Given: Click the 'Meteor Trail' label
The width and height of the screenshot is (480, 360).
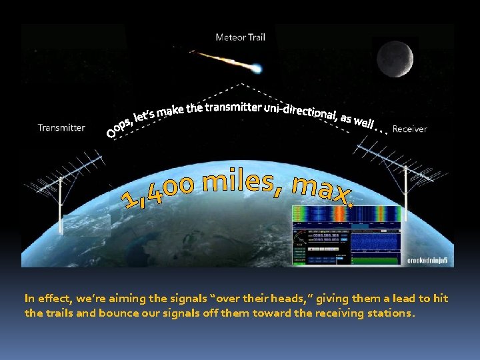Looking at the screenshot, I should click(x=240, y=37).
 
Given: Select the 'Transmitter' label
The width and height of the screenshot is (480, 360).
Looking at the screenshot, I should click(x=61, y=127).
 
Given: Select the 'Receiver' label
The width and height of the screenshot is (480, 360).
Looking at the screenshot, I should click(x=409, y=129).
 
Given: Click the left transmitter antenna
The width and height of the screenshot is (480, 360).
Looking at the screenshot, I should click(x=63, y=180).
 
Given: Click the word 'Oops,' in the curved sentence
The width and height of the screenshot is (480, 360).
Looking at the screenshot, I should click(x=120, y=128).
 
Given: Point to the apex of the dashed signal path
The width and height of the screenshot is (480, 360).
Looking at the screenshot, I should click(x=241, y=85).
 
